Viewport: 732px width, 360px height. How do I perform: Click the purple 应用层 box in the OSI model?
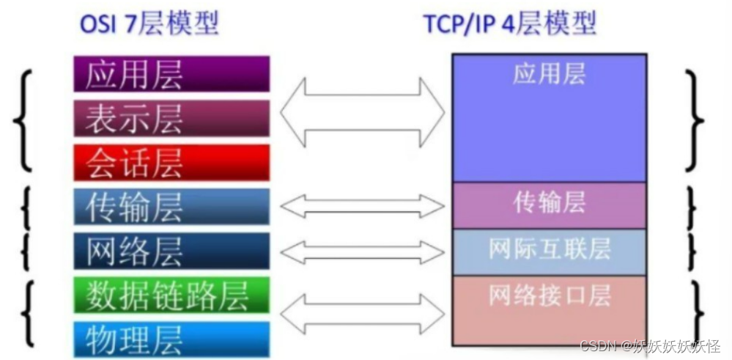171,74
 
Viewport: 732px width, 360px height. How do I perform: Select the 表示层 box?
171,118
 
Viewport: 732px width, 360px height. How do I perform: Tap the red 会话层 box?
171,162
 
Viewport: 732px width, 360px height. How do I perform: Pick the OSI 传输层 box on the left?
171,207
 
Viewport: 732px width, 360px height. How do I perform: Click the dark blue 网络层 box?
171,251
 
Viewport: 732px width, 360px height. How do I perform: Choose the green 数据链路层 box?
171,295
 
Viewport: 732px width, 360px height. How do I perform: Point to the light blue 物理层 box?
171,339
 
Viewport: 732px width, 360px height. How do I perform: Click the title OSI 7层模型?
149,24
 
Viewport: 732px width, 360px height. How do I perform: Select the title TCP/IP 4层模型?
510,24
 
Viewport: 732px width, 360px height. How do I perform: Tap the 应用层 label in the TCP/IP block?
549,74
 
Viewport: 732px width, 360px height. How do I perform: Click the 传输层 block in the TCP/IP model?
549,203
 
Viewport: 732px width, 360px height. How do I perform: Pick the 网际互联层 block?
549,249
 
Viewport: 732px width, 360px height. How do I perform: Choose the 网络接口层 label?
549,295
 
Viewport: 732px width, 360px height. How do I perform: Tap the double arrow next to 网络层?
362,251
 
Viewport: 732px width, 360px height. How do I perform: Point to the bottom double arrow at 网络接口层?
362,315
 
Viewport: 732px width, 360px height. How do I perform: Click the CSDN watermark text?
649,345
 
